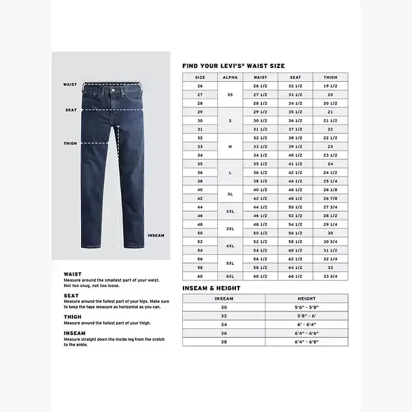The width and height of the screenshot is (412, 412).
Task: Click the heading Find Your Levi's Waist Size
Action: [233, 66]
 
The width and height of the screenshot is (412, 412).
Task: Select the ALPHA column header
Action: [230, 77]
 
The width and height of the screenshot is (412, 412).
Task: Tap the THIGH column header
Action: [330, 77]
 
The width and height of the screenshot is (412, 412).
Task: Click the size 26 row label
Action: [200, 86]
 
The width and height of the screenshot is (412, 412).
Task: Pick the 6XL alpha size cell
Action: [230, 276]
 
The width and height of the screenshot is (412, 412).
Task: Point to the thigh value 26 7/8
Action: [330, 198]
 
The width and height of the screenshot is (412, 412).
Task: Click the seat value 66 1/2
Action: [295, 276]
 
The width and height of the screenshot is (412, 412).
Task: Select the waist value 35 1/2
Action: [260, 164]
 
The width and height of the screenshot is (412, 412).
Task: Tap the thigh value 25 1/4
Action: [330, 180]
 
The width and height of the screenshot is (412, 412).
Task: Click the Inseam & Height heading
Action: [211, 288]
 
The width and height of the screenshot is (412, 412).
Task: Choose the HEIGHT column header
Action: [307, 298]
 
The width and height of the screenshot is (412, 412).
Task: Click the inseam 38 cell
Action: [223, 341]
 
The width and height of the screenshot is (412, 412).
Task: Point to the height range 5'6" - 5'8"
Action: [307, 307]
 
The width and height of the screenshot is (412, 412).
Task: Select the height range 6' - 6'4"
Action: [307, 325]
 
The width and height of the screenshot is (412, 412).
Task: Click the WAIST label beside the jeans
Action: [70, 84]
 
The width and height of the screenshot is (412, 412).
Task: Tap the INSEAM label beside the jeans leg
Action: [156, 235]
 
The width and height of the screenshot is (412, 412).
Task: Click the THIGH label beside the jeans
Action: [70, 144]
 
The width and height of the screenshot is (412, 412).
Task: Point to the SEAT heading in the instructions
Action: [71, 295]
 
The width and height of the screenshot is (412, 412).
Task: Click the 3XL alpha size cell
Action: [230, 228]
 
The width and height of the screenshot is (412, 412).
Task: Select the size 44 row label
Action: [200, 207]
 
